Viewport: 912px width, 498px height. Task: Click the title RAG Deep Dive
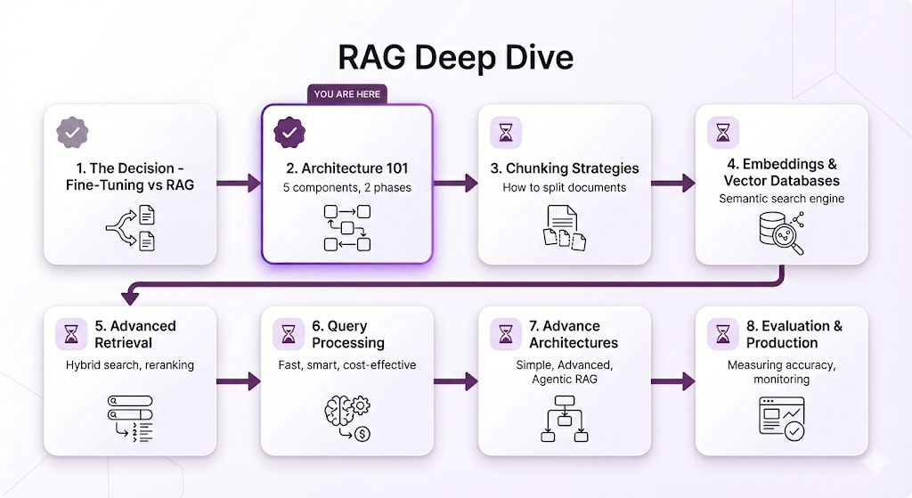(x=455, y=57)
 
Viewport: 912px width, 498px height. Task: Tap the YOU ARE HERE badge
(x=346, y=94)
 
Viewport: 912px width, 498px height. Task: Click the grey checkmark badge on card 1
(x=72, y=133)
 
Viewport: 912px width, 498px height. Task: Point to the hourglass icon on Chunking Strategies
(x=506, y=133)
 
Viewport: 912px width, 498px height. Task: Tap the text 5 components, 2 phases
(x=346, y=188)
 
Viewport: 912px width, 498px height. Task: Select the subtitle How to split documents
(x=564, y=188)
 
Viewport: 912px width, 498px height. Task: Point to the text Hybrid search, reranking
(x=130, y=364)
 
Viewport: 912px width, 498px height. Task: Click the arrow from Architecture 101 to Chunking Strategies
(x=455, y=184)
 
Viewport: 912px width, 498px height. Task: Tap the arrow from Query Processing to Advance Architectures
(x=455, y=381)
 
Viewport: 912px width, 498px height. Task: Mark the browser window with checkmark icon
(x=782, y=417)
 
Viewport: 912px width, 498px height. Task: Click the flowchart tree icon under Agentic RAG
(x=565, y=419)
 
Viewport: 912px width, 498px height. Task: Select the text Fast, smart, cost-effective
(x=346, y=364)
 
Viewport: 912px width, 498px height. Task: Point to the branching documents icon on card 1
(x=130, y=227)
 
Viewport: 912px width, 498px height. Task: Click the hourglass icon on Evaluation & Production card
(x=723, y=334)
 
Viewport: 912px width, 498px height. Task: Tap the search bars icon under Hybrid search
(x=130, y=417)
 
